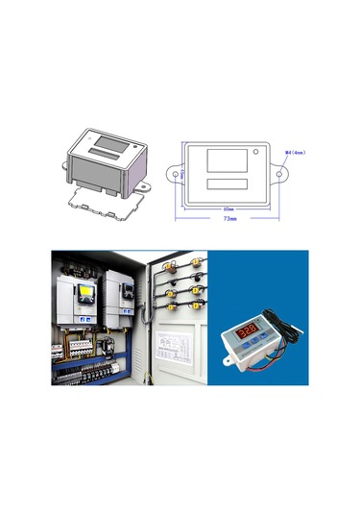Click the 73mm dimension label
[x=228, y=218]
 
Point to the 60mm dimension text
[x=228, y=207]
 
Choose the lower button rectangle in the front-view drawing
[x=228, y=184]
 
